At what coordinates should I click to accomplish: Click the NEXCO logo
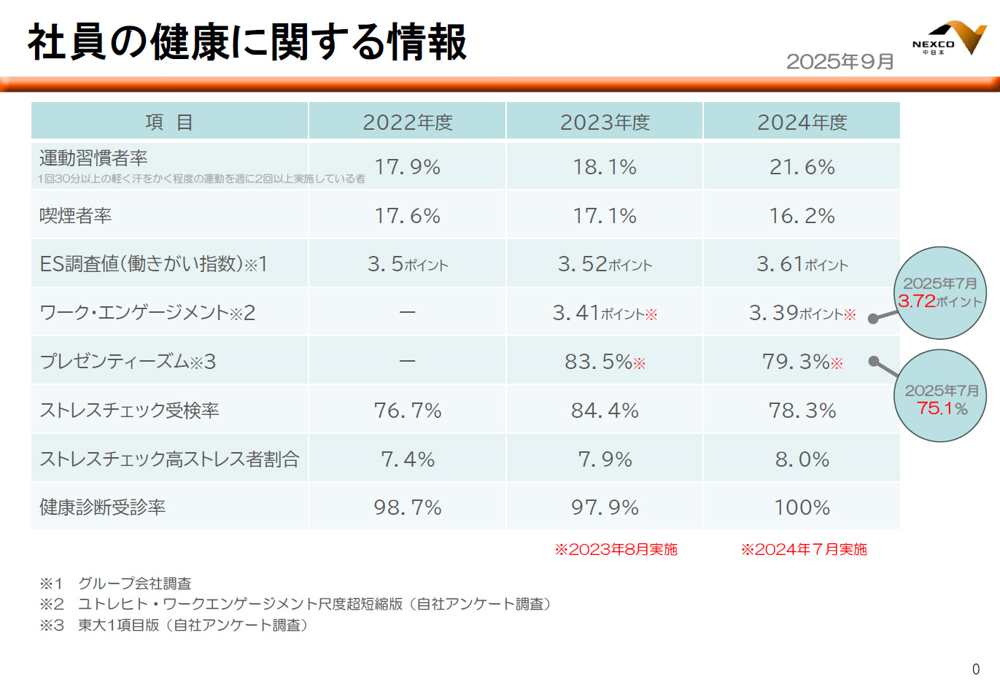949,39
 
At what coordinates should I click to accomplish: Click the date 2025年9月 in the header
840,62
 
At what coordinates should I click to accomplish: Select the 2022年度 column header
408,122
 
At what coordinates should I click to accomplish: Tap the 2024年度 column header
802,122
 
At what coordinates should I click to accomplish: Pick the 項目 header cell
169,122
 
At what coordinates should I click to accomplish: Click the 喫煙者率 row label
76,216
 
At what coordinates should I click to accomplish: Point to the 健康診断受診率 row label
103,508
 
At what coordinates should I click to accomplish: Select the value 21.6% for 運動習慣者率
802,167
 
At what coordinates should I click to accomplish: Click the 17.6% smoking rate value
408,216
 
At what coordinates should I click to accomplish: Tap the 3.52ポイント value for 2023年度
605,264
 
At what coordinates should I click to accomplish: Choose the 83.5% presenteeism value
605,362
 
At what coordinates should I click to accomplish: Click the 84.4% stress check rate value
605,411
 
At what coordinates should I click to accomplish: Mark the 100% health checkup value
802,508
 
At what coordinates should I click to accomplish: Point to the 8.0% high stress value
802,459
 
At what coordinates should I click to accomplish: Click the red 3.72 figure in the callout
917,301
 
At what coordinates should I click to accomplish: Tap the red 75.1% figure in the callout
942,408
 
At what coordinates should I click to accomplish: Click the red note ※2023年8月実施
616,549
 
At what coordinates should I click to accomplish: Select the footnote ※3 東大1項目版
174,626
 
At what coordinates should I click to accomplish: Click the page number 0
976,669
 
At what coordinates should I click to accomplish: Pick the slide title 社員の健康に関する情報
247,42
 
